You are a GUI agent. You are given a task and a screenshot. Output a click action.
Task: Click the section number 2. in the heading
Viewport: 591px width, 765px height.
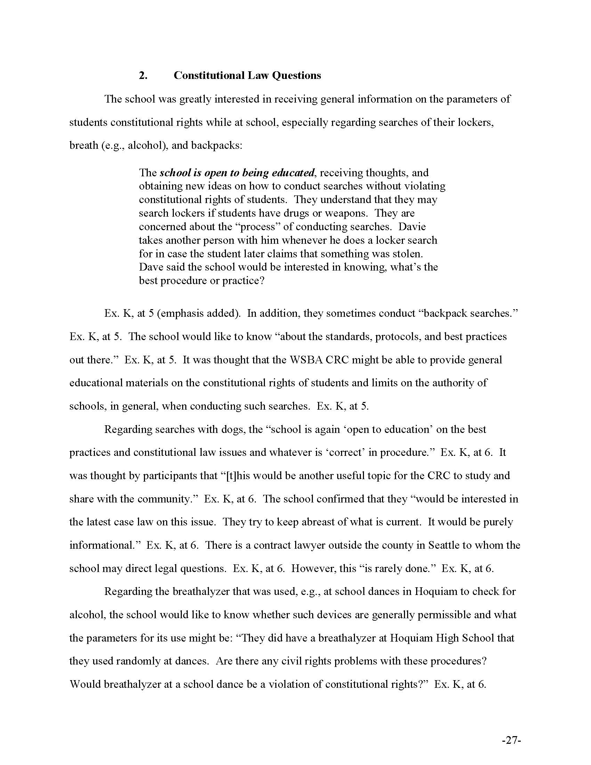pyautogui.click(x=143, y=76)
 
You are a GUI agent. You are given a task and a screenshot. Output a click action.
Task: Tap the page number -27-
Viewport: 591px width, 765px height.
pyautogui.click(x=511, y=740)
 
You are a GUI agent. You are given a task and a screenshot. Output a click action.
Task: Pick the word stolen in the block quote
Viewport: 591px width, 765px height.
pyautogui.click(x=406, y=253)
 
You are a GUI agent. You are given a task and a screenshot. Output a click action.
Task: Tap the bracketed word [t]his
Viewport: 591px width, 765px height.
pyautogui.click(x=237, y=476)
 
